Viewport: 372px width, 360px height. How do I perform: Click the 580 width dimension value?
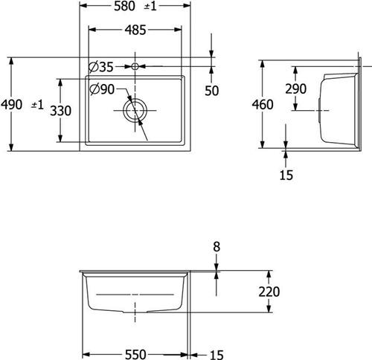coord(124,6)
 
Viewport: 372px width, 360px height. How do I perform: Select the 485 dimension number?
coord(135,30)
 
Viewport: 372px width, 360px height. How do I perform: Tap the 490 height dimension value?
coord(11,104)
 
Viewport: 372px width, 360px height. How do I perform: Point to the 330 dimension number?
coord(60,111)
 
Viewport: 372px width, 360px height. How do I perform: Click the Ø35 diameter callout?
coord(101,67)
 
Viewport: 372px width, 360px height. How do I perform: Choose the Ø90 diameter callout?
coord(102,89)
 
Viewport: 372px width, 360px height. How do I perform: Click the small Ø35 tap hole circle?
coord(135,66)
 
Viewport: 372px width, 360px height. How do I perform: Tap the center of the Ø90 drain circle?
coord(135,110)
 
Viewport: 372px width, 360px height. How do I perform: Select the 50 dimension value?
coord(212,91)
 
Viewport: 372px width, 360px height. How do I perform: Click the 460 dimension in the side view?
coord(263,104)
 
